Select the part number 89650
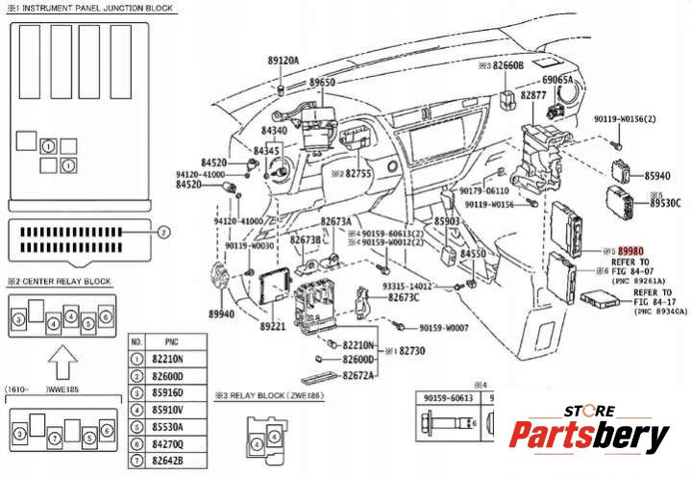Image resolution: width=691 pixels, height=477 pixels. pyautogui.click(x=321, y=84)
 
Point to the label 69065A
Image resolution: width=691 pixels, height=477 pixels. pyautogui.click(x=557, y=80)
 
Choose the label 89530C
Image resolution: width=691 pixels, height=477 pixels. pyautogui.click(x=664, y=203)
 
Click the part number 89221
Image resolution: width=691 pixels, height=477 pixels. pyautogui.click(x=273, y=327)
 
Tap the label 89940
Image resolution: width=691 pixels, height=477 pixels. pyautogui.click(x=221, y=314)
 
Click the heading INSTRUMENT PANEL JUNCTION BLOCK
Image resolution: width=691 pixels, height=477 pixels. pyautogui.click(x=88, y=8)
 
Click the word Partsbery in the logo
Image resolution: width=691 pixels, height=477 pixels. pyautogui.click(x=588, y=436)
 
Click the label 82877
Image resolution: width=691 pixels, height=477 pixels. pyautogui.click(x=533, y=96)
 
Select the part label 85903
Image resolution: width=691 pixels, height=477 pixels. pyautogui.click(x=447, y=220)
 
